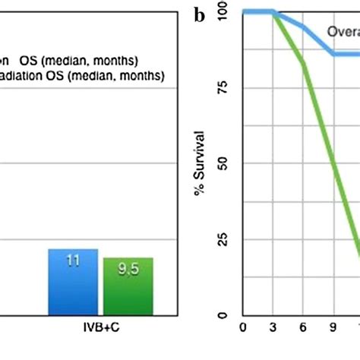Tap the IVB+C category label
(x=101, y=328)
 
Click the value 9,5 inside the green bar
(x=128, y=268)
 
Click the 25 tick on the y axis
(x=223, y=239)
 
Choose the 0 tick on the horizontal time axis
(x=244, y=328)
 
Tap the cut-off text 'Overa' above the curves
(x=343, y=31)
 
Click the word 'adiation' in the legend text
(x=23, y=76)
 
